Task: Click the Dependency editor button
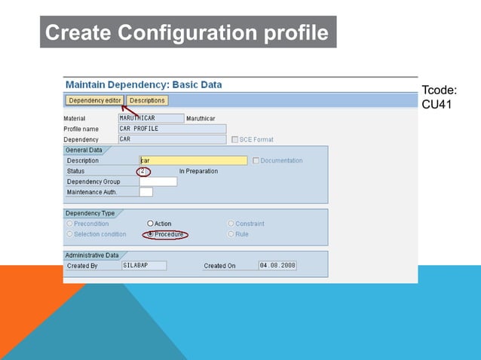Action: (x=94, y=100)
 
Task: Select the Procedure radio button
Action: (x=151, y=234)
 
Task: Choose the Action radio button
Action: (x=151, y=224)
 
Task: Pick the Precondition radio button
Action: (x=70, y=224)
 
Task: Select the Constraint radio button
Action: (x=231, y=224)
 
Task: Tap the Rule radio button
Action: (x=231, y=234)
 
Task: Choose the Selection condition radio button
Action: (x=70, y=234)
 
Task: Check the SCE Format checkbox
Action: (x=234, y=139)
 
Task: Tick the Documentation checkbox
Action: (x=256, y=160)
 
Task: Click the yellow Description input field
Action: (x=193, y=160)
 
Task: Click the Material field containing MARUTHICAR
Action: (x=151, y=118)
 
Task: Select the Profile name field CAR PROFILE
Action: (x=172, y=129)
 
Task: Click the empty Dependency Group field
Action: (x=158, y=182)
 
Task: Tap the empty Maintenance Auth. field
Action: (x=146, y=192)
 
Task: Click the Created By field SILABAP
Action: (x=143, y=266)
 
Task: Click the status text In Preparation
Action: (x=198, y=171)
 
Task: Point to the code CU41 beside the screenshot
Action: (x=437, y=105)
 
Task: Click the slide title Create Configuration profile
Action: (x=187, y=33)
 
